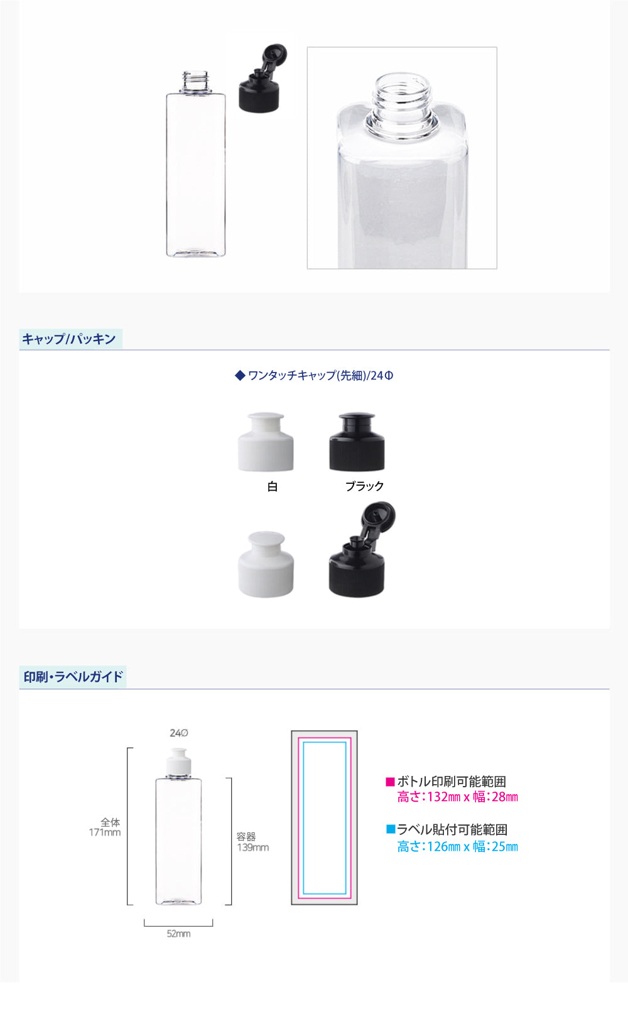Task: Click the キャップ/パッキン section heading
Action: (x=69, y=339)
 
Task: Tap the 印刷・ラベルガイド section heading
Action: (x=73, y=677)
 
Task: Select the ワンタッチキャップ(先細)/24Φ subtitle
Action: (x=314, y=376)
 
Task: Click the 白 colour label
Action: (x=273, y=487)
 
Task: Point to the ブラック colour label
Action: (x=364, y=486)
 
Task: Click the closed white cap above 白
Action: (x=266, y=442)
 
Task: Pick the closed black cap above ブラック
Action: (x=357, y=442)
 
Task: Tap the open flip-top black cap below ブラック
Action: (x=362, y=550)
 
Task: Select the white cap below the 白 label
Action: (x=266, y=564)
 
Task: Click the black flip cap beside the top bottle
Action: (x=263, y=78)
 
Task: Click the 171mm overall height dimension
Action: (x=104, y=827)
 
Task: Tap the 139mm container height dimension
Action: (x=252, y=843)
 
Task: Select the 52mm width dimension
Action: (x=178, y=934)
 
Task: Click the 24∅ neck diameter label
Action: (x=178, y=733)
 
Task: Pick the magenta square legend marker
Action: (x=390, y=782)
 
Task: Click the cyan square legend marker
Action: (x=391, y=829)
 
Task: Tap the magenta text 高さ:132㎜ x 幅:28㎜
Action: (x=458, y=797)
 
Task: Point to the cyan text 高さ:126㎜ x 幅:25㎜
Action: (x=458, y=847)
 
